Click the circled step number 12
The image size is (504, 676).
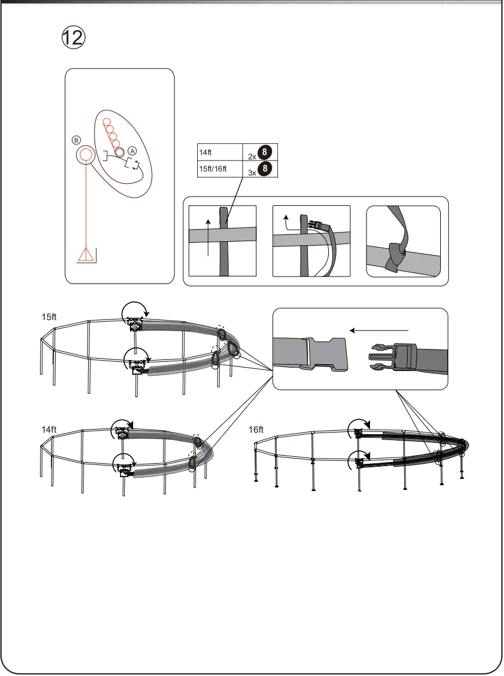(x=74, y=38)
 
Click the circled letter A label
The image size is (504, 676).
(x=132, y=150)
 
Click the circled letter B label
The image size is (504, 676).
(x=76, y=140)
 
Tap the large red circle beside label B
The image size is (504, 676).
(x=86, y=155)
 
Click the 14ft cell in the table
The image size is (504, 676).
(x=220, y=152)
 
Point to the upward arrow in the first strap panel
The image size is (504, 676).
(x=208, y=237)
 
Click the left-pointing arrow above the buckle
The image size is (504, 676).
(x=379, y=329)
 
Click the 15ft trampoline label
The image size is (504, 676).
(x=49, y=317)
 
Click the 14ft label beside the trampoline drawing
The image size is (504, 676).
(x=49, y=430)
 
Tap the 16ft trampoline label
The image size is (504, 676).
(x=256, y=430)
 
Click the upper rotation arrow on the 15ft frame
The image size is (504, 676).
(x=135, y=314)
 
